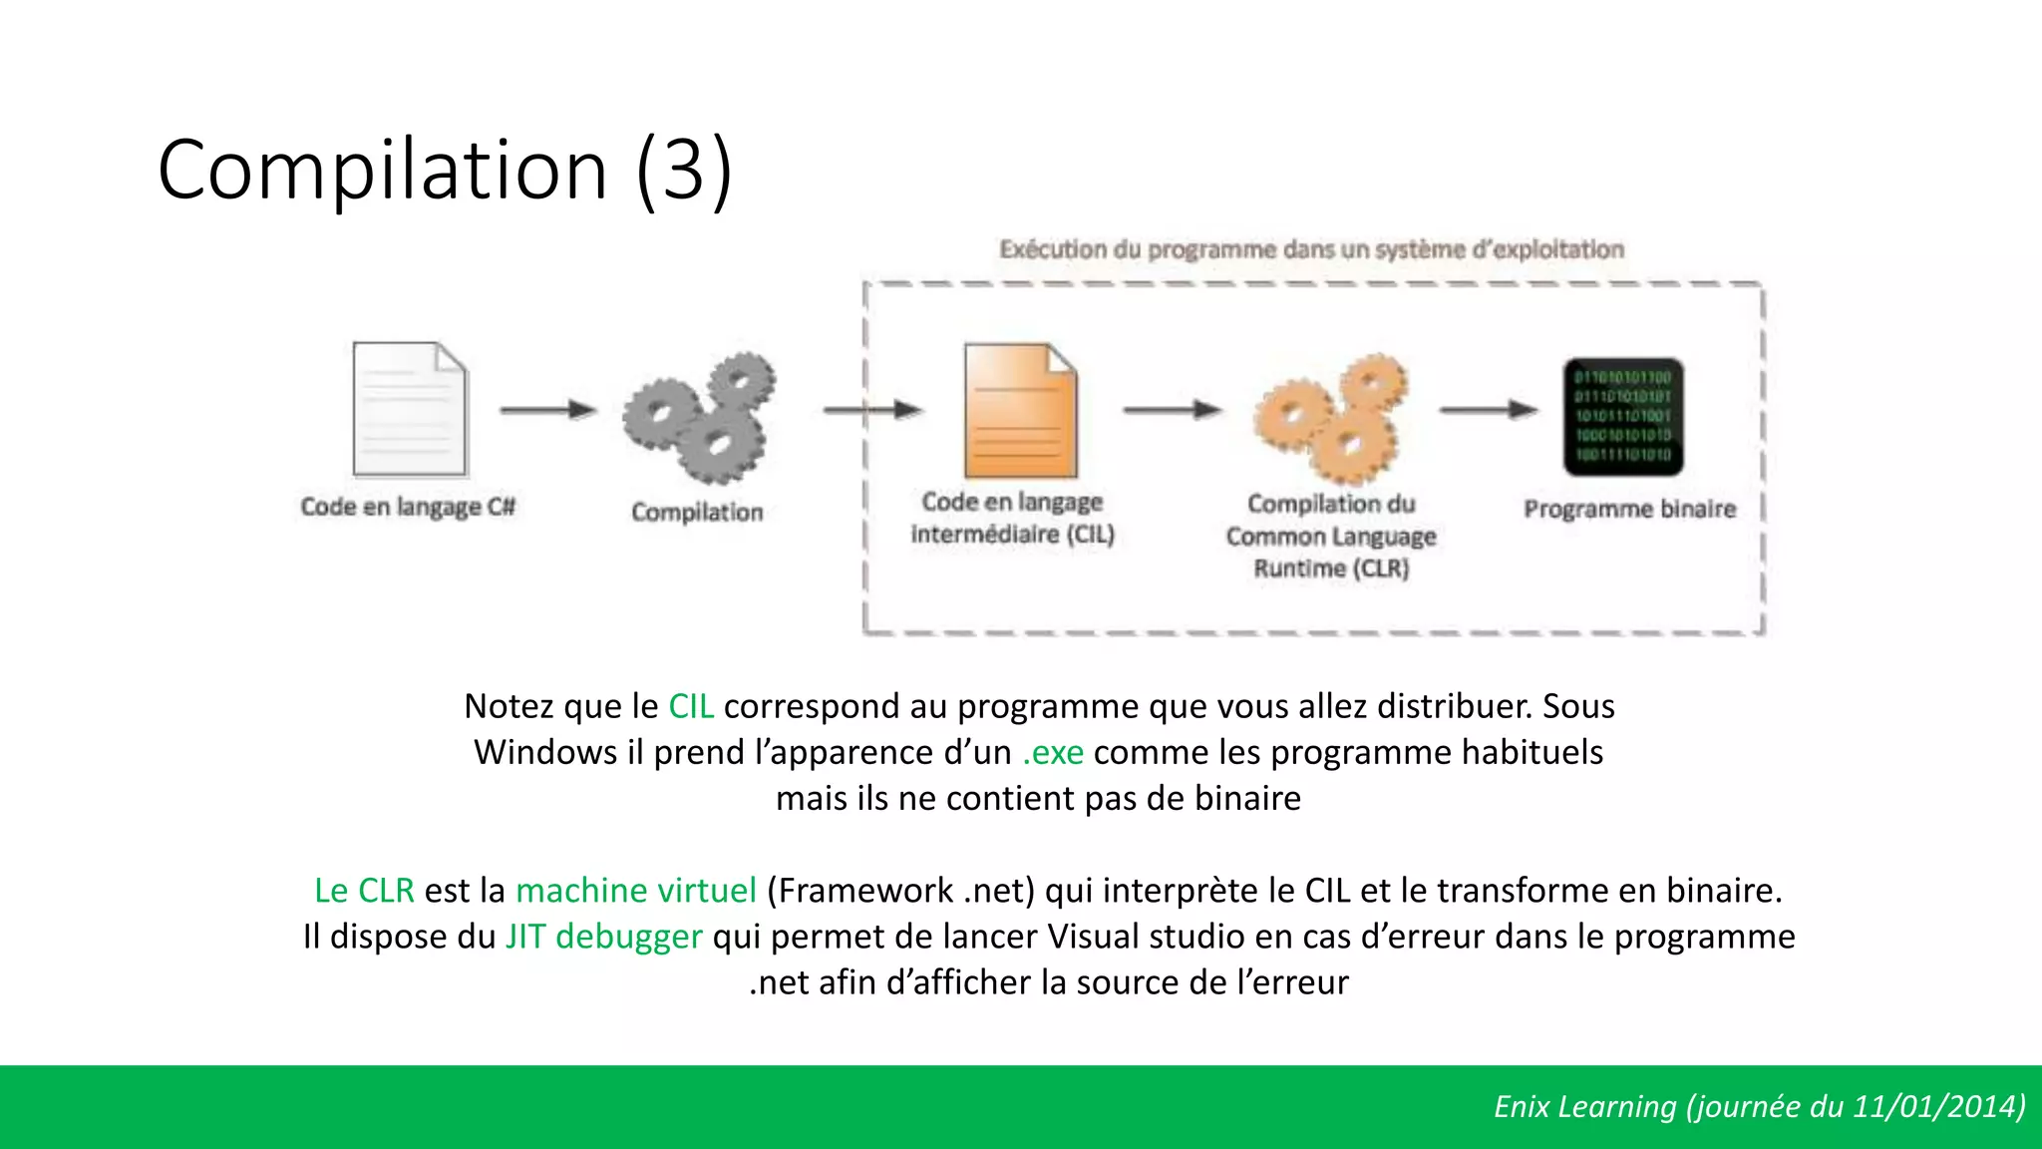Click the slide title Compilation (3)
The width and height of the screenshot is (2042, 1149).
(445, 170)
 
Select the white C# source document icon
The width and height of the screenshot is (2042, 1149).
(410, 409)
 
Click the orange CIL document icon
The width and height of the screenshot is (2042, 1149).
(1020, 411)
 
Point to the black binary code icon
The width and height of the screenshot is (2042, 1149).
(1623, 416)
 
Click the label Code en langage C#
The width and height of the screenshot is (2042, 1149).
(408, 507)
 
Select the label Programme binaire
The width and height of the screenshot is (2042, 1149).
(1629, 509)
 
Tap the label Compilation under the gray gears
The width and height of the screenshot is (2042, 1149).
(697, 512)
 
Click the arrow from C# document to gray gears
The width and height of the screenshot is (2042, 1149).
(547, 409)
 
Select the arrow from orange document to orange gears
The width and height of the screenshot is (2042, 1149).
(1172, 409)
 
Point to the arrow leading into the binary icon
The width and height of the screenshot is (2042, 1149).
(1489, 409)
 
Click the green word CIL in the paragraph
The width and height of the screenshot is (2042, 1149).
(691, 706)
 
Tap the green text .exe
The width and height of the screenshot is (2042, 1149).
(1053, 752)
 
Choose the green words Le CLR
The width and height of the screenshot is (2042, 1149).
(364, 890)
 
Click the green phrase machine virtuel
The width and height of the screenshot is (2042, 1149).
(636, 890)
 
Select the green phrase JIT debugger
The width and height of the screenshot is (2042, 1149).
(603, 937)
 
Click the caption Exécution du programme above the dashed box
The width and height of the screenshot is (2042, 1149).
(1311, 249)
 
